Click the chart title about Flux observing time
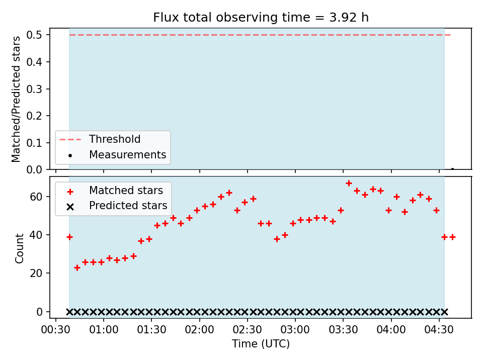pyautogui.click(x=261, y=18)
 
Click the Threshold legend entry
pyautogui.click(x=100, y=139)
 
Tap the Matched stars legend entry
pyautogui.click(x=115, y=191)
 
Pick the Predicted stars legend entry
pyautogui.click(x=117, y=206)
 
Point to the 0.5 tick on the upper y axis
pyautogui.click(x=34, y=35)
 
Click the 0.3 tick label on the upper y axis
pyautogui.click(x=34, y=89)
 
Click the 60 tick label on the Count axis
pyautogui.click(x=36, y=197)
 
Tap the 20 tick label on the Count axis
pyautogui.click(x=36, y=273)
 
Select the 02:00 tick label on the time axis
pyautogui.click(x=199, y=330)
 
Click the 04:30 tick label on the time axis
pyautogui.click(x=439, y=330)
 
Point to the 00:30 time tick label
pyautogui.click(x=56, y=330)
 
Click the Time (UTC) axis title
pyautogui.click(x=261, y=343)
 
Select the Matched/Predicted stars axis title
pyautogui.click(x=16, y=99)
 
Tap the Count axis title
pyautogui.click(x=19, y=248)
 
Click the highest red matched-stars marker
pyautogui.click(x=349, y=184)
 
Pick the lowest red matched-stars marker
pyautogui.click(x=77, y=268)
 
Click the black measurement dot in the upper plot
pyautogui.click(x=452, y=169)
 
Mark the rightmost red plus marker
pyautogui.click(x=452, y=237)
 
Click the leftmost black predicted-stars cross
pyautogui.click(x=69, y=312)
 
